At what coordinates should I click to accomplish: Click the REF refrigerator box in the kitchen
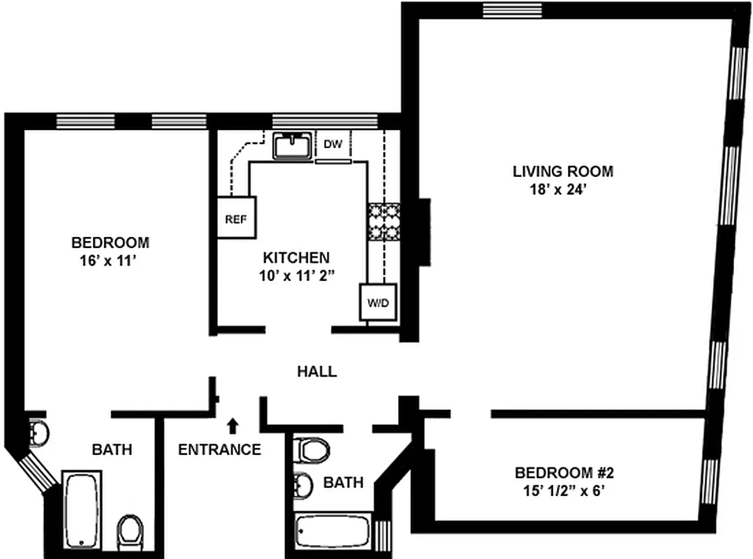tap(236, 217)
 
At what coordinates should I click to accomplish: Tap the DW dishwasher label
tap(332, 143)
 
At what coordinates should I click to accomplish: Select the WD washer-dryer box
tap(378, 302)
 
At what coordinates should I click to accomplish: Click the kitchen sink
tap(293, 145)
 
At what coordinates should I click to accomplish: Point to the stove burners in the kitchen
tap(383, 222)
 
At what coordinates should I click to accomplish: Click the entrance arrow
tap(233, 426)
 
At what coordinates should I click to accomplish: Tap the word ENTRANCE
tap(219, 449)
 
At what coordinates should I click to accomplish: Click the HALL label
tap(317, 371)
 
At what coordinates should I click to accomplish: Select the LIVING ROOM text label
tap(563, 171)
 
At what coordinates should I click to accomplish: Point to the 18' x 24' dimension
tap(558, 189)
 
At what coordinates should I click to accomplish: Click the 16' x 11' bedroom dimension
tap(108, 261)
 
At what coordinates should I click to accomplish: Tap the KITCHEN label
tap(296, 258)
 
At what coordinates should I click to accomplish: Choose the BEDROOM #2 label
tap(564, 473)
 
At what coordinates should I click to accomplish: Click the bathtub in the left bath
tap(82, 510)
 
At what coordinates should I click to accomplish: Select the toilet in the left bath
tap(130, 532)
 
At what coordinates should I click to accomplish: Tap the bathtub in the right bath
tap(333, 530)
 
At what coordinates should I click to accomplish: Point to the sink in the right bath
tap(302, 486)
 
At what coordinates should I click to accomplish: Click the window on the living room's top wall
tap(513, 10)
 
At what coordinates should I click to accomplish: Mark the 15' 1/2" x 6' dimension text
tap(564, 491)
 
